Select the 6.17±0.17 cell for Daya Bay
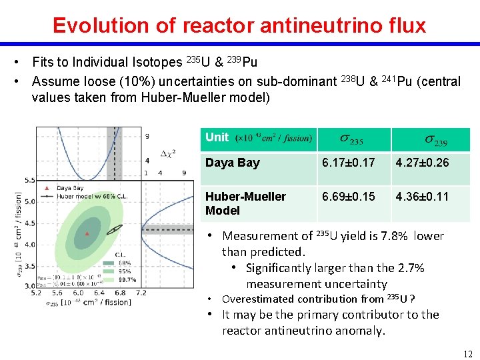click(x=348, y=163)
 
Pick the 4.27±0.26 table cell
click(x=422, y=163)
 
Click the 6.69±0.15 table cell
click(x=348, y=197)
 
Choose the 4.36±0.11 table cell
click(x=422, y=197)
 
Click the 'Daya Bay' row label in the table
click(x=233, y=163)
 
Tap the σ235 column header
click(x=354, y=140)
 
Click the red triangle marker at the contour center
click(x=87, y=233)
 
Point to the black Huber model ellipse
click(x=115, y=229)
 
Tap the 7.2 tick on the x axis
click(x=141, y=293)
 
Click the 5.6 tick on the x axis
click(x=58, y=293)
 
